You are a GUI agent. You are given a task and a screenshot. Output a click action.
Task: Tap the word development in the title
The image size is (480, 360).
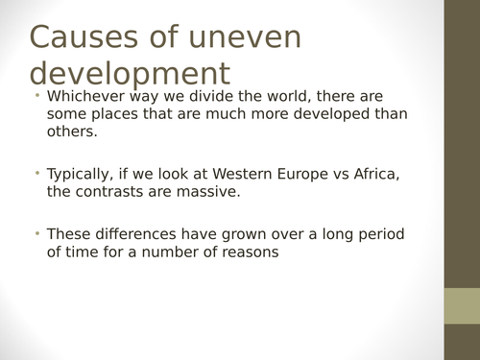[131, 73]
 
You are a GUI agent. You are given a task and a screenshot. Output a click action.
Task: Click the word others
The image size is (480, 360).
[71, 132]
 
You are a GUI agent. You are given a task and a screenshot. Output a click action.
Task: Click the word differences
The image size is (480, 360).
[134, 233]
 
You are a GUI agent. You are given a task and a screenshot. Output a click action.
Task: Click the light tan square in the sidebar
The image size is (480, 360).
[461, 306]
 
